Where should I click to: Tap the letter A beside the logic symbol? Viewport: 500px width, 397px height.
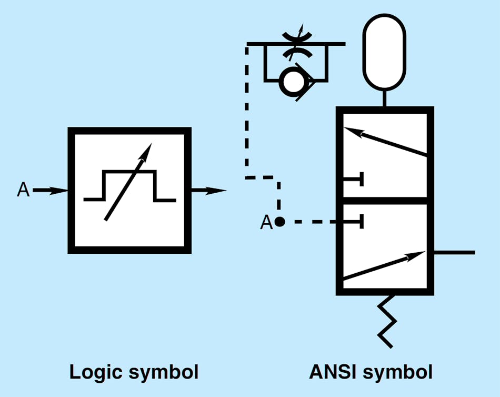pyautogui.click(x=23, y=190)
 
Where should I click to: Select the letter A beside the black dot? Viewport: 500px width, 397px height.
pyautogui.click(x=266, y=223)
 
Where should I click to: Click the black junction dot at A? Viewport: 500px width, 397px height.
pyautogui.click(x=280, y=222)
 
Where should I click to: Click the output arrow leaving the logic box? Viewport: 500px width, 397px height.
pyautogui.click(x=208, y=191)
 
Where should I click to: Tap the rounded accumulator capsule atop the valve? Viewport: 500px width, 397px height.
pyautogui.click(x=385, y=51)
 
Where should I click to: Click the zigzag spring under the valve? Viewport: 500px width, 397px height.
pyautogui.click(x=386, y=321)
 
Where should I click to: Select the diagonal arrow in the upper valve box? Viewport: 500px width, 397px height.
pyautogui.click(x=384, y=142)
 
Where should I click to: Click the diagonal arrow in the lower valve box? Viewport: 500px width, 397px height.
pyautogui.click(x=384, y=265)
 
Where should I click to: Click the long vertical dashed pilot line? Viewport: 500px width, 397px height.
pyautogui.click(x=246, y=111)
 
